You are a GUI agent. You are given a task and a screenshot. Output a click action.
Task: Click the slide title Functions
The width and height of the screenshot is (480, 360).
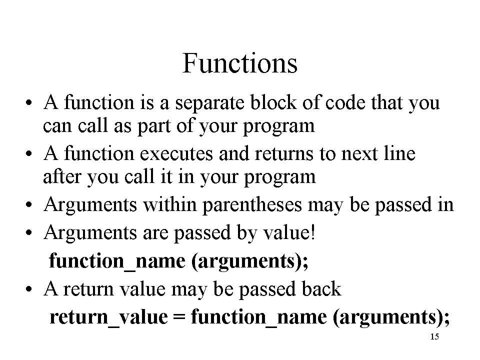pos(239,63)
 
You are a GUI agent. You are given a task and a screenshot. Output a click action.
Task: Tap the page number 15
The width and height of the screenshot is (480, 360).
pos(434,336)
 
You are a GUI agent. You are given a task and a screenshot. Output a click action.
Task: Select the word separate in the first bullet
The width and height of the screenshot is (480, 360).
pos(209,103)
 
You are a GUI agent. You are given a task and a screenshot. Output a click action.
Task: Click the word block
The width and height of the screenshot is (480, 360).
pos(273,102)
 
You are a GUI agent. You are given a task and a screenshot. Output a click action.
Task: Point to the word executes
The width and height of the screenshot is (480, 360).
pos(176,153)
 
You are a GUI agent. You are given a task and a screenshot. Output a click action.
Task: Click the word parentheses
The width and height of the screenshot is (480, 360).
pos(252,205)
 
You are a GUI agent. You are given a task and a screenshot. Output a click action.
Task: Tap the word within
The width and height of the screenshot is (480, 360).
pos(170,204)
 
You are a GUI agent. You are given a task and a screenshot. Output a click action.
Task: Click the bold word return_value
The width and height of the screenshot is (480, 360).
pos(108,317)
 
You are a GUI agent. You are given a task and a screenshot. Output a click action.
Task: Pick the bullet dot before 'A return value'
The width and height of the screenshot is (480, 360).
pos(29,289)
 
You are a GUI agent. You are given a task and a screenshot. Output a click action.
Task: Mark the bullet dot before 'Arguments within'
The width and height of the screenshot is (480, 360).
pos(29,205)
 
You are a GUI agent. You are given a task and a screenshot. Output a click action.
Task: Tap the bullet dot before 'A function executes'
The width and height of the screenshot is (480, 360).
pos(29,154)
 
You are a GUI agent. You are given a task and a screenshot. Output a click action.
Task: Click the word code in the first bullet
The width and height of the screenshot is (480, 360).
pos(345,102)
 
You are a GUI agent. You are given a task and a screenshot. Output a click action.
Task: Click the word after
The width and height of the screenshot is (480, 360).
pos(62,176)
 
